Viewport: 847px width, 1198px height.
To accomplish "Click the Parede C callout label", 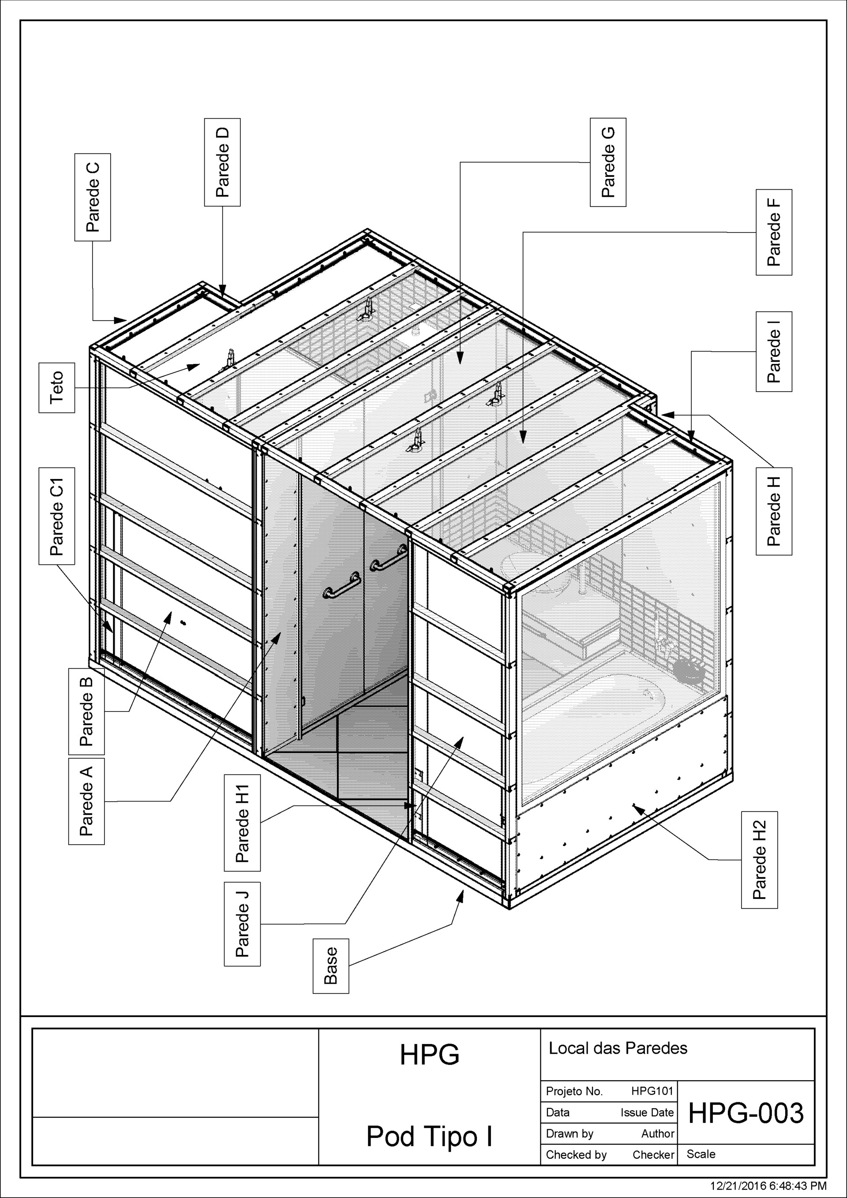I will tap(92, 197).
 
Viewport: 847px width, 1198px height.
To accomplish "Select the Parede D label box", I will tap(222, 162).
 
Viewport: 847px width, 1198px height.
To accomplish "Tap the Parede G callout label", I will tap(608, 162).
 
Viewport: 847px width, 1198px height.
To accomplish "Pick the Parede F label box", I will tap(773, 232).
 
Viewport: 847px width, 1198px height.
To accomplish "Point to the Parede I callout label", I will tap(773, 352).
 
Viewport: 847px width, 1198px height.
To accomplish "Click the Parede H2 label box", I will tap(759, 860).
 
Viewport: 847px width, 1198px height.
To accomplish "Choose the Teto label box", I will tap(56, 387).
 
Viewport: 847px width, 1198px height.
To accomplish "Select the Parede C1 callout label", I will tap(56, 516).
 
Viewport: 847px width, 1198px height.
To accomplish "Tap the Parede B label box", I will tap(86, 711).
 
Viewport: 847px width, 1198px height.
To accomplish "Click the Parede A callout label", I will tap(86, 801).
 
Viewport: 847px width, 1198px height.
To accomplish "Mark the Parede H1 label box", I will tap(242, 823).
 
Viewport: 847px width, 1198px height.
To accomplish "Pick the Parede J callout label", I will tap(242, 924).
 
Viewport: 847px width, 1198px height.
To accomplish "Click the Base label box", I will tap(330, 966).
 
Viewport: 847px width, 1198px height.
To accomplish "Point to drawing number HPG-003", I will tap(746, 1113).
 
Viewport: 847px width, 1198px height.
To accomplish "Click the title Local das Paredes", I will tap(618, 1048).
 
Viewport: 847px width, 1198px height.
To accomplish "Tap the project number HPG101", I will tap(652, 1091).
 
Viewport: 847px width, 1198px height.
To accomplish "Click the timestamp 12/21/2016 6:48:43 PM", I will tap(768, 1186).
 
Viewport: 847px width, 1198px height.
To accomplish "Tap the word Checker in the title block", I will tap(653, 1155).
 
